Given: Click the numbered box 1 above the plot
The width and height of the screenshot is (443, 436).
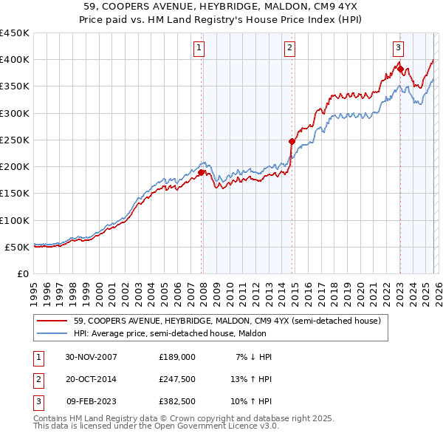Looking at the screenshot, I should click(x=199, y=49).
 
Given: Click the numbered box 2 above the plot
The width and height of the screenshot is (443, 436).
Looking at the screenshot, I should click(x=289, y=49).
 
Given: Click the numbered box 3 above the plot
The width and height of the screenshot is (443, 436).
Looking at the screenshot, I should click(x=398, y=49).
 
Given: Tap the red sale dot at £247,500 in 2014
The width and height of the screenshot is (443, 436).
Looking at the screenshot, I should click(x=292, y=141).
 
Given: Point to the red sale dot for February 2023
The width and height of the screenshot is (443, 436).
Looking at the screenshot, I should click(x=400, y=69).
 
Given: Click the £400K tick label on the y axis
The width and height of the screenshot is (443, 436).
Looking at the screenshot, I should click(x=15, y=60).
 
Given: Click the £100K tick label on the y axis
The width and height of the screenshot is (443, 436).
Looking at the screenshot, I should click(x=15, y=220).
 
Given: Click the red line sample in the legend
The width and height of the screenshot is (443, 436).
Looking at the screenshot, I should click(x=52, y=321).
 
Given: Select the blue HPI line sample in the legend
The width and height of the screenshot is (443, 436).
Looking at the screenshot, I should click(x=52, y=334).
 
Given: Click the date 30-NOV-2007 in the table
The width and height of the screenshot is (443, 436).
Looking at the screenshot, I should click(x=92, y=357).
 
